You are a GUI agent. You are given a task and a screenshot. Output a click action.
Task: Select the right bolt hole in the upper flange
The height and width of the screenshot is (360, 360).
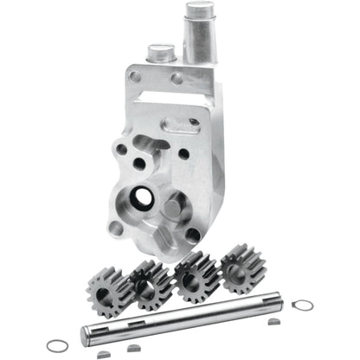(x=177, y=79)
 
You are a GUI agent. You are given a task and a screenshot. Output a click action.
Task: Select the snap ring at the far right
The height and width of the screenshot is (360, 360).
(x=302, y=305)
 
